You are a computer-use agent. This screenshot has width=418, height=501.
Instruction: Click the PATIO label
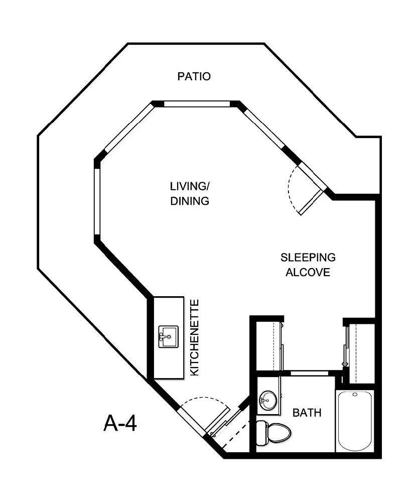pyautogui.click(x=194, y=77)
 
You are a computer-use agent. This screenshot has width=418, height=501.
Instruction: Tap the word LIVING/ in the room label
pyautogui.click(x=190, y=186)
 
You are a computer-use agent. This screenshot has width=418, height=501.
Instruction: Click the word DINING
pyautogui.click(x=189, y=201)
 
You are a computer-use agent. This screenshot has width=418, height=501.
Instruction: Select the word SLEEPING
pyautogui.click(x=308, y=258)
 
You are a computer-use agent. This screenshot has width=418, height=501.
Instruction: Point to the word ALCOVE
pyautogui.click(x=308, y=273)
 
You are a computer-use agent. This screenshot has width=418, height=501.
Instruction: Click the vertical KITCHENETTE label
pyautogui.click(x=196, y=337)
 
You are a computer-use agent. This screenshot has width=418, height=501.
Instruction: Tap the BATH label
pyautogui.click(x=307, y=413)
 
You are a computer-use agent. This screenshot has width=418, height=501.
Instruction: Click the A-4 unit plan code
pyautogui.click(x=120, y=423)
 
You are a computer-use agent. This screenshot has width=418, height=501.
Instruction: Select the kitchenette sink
pyautogui.click(x=168, y=337)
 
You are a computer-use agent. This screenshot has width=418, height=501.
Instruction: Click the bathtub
pyautogui.click(x=355, y=421)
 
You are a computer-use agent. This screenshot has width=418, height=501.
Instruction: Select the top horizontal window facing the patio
pyautogui.click(x=197, y=104)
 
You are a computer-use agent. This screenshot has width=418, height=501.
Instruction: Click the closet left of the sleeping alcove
pyautogui.click(x=266, y=346)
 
